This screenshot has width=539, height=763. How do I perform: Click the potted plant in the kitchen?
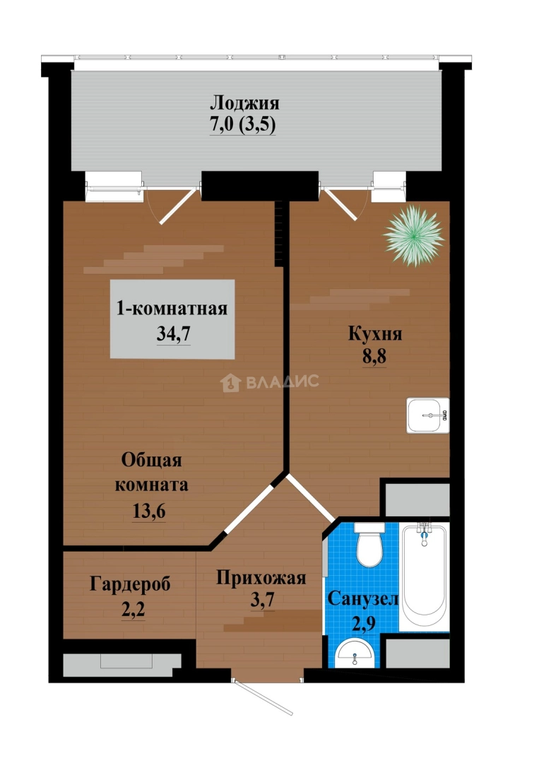tap(414, 236)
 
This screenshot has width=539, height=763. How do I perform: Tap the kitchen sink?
tap(427, 415)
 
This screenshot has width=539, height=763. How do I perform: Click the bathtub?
tap(424, 576)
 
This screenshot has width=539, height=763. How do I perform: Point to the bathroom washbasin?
tap(355, 653)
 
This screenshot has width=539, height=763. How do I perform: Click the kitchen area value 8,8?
tap(375, 356)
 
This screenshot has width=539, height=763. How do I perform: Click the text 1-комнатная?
tap(172, 309)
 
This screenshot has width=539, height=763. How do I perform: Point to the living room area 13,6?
tap(149, 511)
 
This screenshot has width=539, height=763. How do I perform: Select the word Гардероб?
tap(130, 584)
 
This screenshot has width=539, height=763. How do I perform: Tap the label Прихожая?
tap(261, 579)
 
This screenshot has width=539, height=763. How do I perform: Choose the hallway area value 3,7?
tap(261, 601)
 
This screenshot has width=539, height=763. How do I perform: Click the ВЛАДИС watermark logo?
tap(270, 382)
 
